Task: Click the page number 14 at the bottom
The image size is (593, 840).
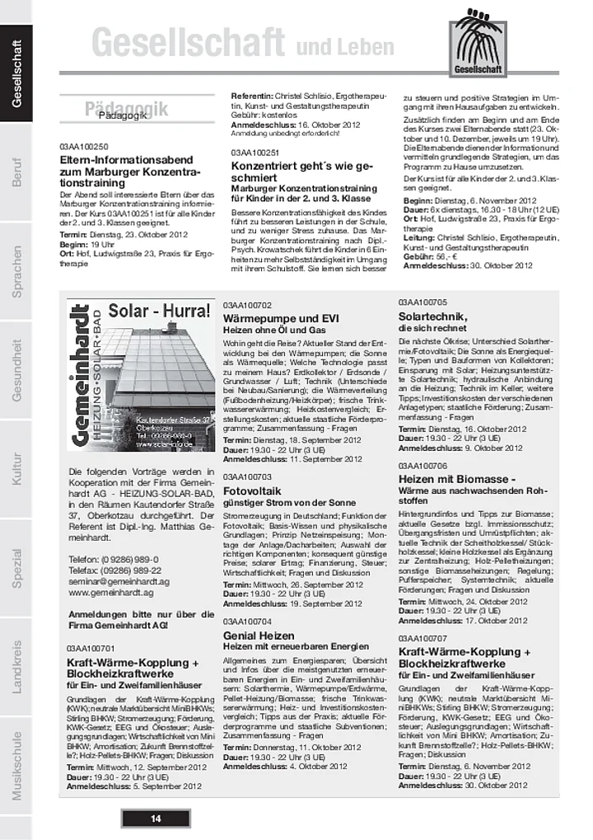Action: click(156, 818)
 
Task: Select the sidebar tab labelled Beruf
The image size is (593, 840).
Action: click(16, 171)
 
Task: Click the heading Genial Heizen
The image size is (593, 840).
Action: click(259, 636)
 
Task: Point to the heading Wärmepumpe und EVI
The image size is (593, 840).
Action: click(281, 318)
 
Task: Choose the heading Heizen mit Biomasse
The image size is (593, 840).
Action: click(457, 479)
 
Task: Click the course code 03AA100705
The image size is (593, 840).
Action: click(423, 302)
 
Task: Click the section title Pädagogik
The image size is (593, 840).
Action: click(124, 115)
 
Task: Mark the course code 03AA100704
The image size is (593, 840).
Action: click(247, 621)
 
